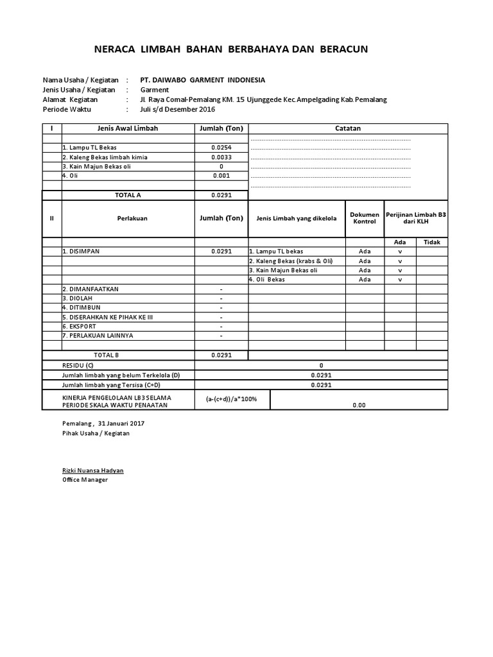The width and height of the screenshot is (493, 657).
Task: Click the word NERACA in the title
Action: click(x=115, y=49)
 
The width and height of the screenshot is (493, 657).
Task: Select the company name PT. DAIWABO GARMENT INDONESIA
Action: click(x=202, y=80)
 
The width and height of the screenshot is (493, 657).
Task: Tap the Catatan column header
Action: click(x=348, y=128)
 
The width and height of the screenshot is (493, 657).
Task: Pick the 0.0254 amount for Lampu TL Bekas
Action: click(x=221, y=147)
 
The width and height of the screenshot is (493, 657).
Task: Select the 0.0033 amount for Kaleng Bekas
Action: click(x=221, y=157)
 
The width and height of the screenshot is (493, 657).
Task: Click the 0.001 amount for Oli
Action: click(x=221, y=175)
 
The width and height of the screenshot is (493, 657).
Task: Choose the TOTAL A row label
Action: click(x=128, y=194)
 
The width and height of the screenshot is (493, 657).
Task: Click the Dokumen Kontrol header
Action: click(x=365, y=218)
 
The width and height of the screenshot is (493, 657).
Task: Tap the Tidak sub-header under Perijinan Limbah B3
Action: click(x=431, y=242)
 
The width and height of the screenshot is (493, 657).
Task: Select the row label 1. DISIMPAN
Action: click(x=82, y=252)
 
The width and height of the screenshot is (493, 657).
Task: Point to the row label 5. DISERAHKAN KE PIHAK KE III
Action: click(x=107, y=317)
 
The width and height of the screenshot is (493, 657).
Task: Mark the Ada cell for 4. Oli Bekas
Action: click(x=365, y=280)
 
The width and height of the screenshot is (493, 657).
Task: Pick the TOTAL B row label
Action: click(x=107, y=355)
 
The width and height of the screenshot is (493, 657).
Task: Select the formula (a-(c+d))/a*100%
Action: click(x=231, y=399)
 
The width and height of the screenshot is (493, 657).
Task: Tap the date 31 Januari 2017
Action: click(x=121, y=423)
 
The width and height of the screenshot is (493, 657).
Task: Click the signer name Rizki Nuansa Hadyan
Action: click(x=92, y=470)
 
